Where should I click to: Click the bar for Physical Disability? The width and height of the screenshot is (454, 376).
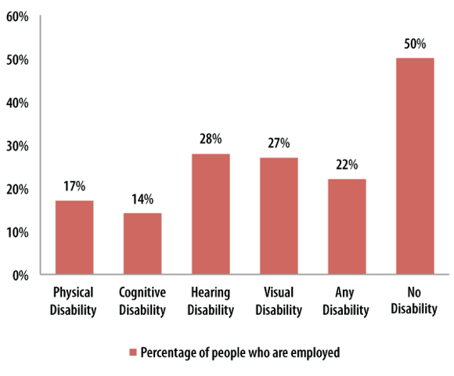[x=74, y=238]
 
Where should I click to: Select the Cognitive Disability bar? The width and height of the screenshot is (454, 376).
[x=142, y=244]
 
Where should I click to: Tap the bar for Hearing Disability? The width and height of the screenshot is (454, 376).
[x=210, y=215]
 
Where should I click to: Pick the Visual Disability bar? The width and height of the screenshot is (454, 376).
[x=279, y=216]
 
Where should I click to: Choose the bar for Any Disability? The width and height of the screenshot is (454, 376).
[x=347, y=227]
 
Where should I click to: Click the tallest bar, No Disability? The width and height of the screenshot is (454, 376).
[x=415, y=167]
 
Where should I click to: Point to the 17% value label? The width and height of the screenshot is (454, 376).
[x=74, y=186]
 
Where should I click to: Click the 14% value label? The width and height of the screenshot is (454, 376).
[x=142, y=199]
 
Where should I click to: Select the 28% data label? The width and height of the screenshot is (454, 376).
[x=210, y=139]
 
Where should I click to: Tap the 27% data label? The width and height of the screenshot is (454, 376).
[x=279, y=143]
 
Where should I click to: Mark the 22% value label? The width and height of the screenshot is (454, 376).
[x=347, y=164]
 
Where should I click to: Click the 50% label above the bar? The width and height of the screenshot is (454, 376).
[x=415, y=45]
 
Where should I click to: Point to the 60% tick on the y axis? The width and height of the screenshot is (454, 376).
[x=17, y=16]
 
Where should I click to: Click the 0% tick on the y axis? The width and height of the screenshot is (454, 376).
[x=20, y=276]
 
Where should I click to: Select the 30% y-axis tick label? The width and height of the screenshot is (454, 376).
[x=17, y=146]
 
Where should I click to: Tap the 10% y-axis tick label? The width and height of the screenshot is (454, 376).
[x=17, y=233]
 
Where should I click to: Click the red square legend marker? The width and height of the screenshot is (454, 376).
[x=132, y=352]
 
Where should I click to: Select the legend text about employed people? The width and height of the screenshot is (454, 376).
[x=240, y=352]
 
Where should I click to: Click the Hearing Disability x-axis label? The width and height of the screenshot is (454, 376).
[x=210, y=301]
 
